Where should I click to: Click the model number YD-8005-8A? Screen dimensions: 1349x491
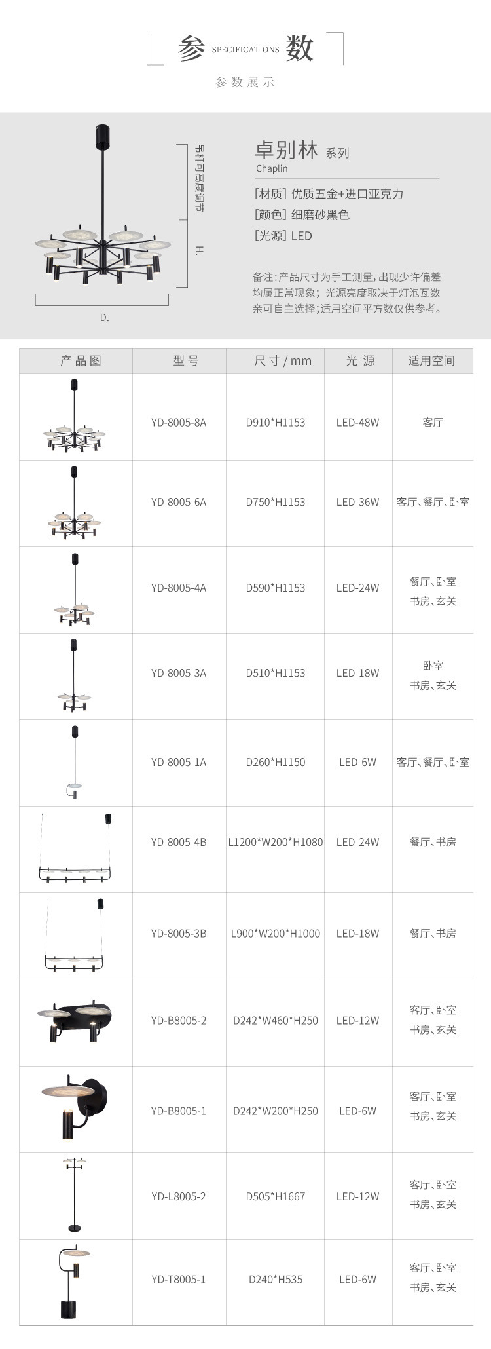point(178,423)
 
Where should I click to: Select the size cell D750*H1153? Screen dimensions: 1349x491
point(275,502)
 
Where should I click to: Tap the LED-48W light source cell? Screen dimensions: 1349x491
point(357,423)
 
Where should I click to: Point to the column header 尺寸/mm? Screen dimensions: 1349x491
point(282,360)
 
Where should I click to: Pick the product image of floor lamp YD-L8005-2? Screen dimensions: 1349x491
point(75,1195)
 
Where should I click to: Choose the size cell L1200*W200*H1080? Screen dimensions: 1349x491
point(275,842)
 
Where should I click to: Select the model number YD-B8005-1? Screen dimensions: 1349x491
point(178,1111)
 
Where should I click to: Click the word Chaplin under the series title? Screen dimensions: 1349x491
point(272,168)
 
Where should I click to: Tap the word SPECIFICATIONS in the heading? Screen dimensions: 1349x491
point(245,50)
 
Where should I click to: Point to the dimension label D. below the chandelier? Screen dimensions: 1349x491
point(104,318)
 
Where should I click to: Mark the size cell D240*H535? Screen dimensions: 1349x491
point(275,1279)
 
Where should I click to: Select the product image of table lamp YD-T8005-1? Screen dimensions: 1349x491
point(74,1282)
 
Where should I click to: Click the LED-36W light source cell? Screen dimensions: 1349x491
point(357,502)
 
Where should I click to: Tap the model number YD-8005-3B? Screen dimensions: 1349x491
point(178,933)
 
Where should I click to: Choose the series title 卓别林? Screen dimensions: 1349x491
point(286,150)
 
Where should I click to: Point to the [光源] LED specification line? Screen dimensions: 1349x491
point(283,236)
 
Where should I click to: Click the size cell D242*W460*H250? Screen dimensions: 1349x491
point(275,1020)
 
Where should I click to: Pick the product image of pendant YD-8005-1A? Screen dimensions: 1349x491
point(75,762)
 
